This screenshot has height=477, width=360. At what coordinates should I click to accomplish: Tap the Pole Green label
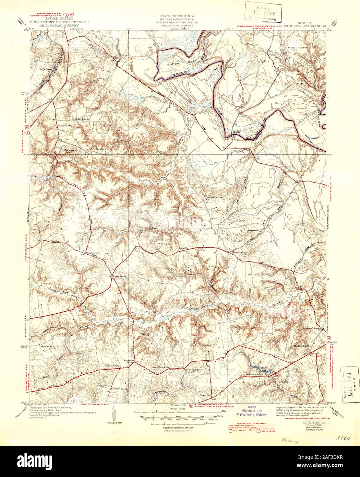click(111, 366)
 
